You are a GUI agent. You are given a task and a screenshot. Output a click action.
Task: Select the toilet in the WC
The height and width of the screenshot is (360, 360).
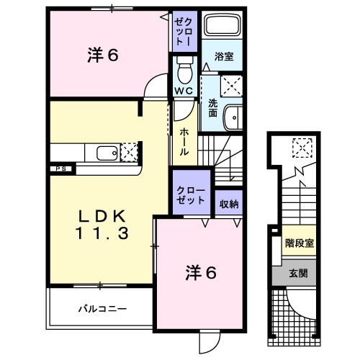(182, 71)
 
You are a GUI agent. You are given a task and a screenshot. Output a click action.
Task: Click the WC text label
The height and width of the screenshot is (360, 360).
(182, 91)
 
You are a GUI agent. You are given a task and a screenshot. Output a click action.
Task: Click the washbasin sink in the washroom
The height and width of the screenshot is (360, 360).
(233, 117)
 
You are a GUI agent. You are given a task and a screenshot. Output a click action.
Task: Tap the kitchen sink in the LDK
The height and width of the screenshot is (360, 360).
(104, 153)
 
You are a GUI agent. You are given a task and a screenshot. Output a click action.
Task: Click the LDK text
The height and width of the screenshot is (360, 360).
(103, 216)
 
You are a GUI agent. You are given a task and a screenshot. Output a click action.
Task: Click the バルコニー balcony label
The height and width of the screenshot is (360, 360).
(102, 308)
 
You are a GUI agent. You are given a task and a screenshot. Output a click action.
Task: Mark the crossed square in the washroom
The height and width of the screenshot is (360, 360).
(231, 86)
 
